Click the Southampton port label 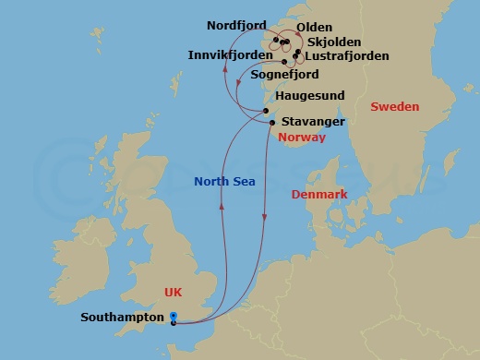pyautogui.click(x=123, y=317)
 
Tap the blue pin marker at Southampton pyautogui.click(x=174, y=318)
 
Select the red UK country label pyautogui.click(x=174, y=292)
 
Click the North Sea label pyautogui.click(x=223, y=182)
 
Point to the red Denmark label pyautogui.click(x=318, y=195)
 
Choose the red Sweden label pyautogui.click(x=394, y=107)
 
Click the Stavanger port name pyautogui.click(x=314, y=122)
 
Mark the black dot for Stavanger pyautogui.click(x=271, y=122)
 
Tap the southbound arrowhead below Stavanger pyautogui.click(x=266, y=219)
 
